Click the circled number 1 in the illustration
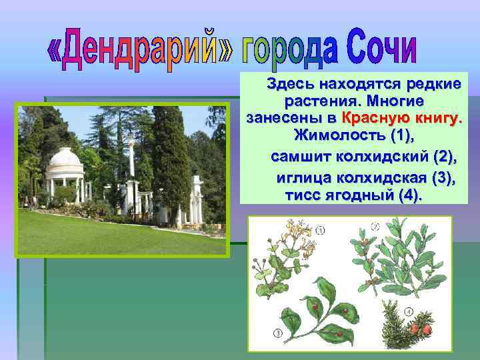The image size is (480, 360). point(321,231)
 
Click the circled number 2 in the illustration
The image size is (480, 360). point(375,227)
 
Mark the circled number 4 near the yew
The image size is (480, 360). point(409,311)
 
